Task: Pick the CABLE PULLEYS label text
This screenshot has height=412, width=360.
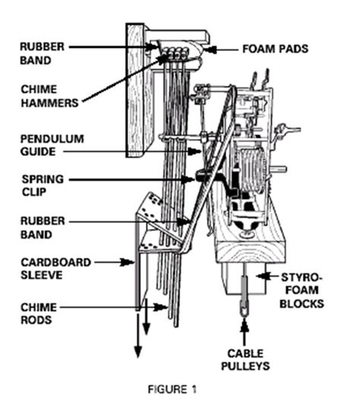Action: click(245, 362)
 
